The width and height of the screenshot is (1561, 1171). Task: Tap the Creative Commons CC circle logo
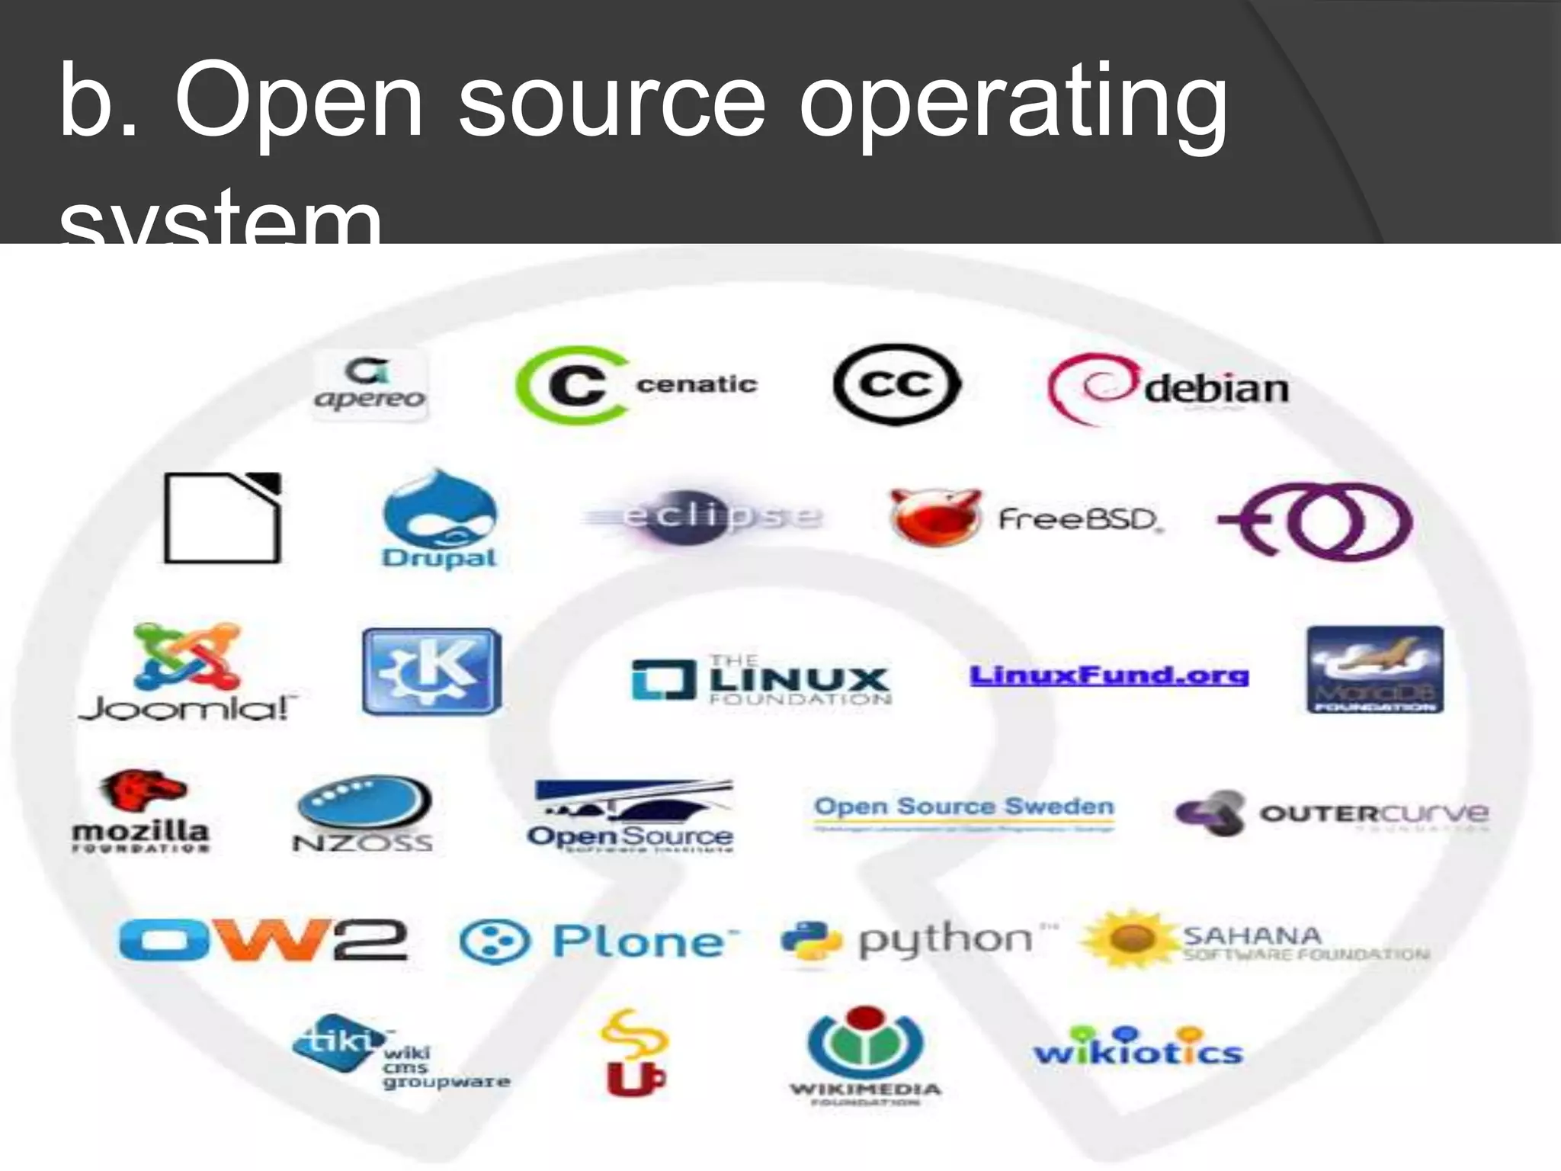click(x=896, y=384)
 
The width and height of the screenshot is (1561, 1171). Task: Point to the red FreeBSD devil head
click(x=934, y=516)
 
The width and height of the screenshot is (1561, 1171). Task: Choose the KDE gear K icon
click(x=432, y=671)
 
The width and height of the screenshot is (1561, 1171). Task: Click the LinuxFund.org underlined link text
click(x=1108, y=675)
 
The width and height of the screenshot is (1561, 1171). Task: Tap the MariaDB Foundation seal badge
click(x=1375, y=669)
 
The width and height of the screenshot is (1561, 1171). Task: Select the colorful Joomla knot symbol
click(x=187, y=656)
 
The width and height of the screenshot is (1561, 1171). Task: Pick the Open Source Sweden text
click(x=964, y=806)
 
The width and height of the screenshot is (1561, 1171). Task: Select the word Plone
click(x=639, y=942)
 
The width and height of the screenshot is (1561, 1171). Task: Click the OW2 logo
click(x=263, y=940)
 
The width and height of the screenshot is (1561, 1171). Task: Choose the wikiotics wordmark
click(x=1138, y=1048)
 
